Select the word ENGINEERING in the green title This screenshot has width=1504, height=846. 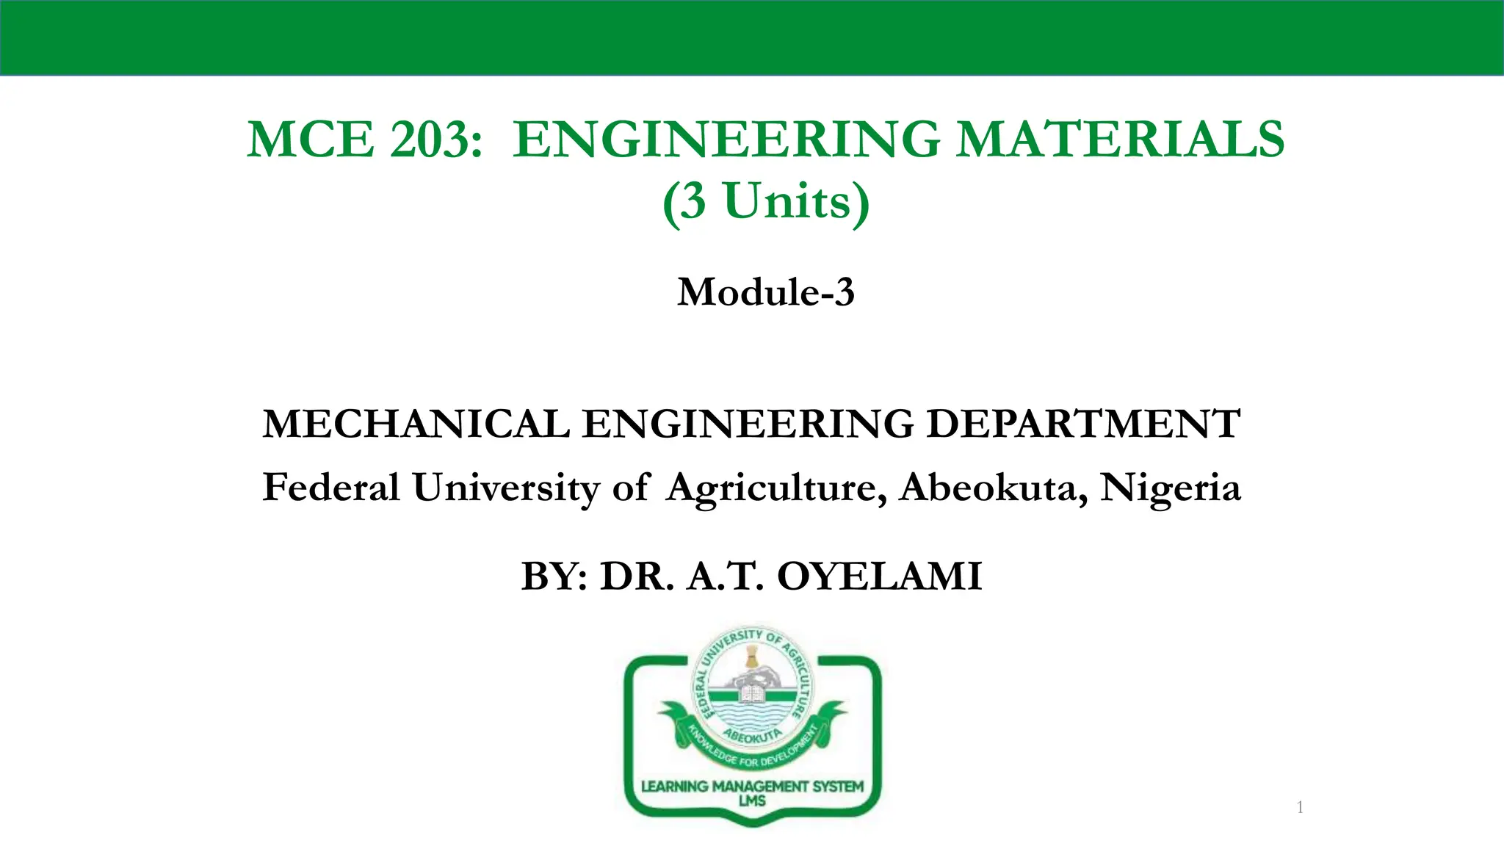pyautogui.click(x=726, y=139)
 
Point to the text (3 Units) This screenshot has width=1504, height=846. pyautogui.click(x=766, y=201)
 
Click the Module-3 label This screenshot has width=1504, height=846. pyautogui.click(x=766, y=292)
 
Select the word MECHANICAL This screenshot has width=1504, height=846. pyautogui.click(x=416, y=424)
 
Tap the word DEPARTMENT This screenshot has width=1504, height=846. pyautogui.click(x=1083, y=424)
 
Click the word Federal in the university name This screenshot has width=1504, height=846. pyautogui.click(x=331, y=488)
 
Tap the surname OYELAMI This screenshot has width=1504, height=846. pyautogui.click(x=879, y=576)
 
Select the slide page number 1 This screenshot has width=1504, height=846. pyautogui.click(x=1300, y=808)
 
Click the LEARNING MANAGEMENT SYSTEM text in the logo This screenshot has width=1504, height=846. pyautogui.click(x=752, y=787)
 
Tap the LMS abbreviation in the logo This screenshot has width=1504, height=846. pyautogui.click(x=752, y=801)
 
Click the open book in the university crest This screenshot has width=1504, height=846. pyautogui.click(x=751, y=693)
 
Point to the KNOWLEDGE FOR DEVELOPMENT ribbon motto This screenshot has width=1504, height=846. pyautogui.click(x=751, y=752)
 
